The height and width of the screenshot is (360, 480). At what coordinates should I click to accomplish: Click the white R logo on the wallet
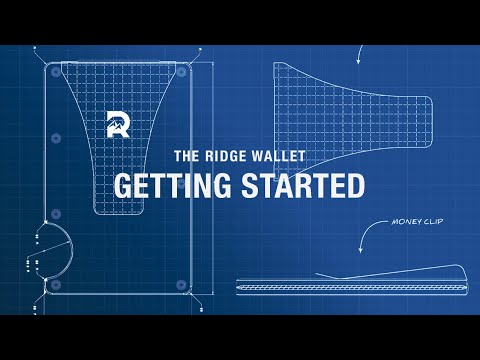pos(118,125)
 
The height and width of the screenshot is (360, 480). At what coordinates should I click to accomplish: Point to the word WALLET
pos(284,157)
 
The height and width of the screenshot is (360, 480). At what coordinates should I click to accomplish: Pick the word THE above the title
pos(189,157)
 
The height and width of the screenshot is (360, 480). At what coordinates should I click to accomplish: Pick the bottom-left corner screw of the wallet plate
pos(53,283)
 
